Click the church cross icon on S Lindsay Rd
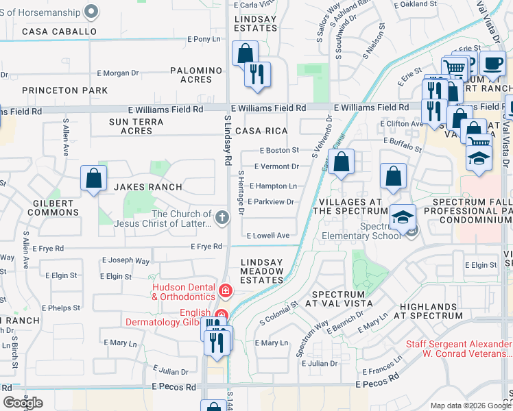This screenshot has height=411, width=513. click(x=222, y=218)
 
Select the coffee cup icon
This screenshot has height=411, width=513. click(x=492, y=64)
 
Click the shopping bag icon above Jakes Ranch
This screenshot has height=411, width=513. click(x=93, y=178)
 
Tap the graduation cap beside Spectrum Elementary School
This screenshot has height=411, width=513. click(x=403, y=217)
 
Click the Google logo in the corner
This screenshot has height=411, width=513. click(x=23, y=403)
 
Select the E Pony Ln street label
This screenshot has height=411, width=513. click(x=204, y=39)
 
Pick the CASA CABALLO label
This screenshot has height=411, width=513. click(x=59, y=32)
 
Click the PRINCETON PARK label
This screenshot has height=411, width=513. click(x=64, y=90)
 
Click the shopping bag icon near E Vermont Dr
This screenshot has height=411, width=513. click(x=342, y=163)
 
